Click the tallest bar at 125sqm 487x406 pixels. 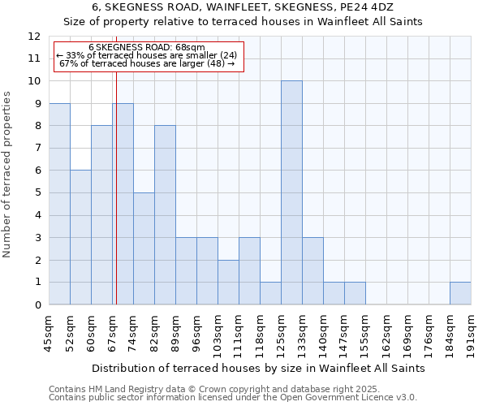tap(291, 192)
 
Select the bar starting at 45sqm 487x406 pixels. tap(59, 204)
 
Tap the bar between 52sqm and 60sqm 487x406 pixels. tap(80, 237)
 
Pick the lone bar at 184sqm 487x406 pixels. tap(460, 293)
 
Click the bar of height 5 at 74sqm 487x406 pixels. tap(144, 248)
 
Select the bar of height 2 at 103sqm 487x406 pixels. tap(228, 282)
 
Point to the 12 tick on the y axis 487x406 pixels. tap(35, 37)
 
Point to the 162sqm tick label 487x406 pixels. tap(387, 333)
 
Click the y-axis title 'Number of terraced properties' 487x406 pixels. tap(8, 175)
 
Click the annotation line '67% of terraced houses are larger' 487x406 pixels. tap(147, 63)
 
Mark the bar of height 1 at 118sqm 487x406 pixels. tap(270, 293)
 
